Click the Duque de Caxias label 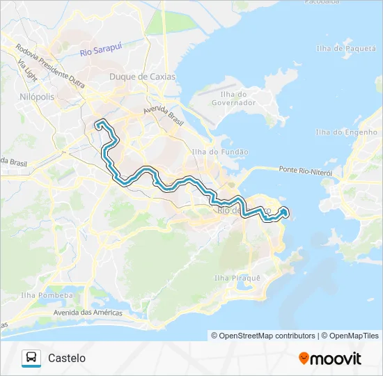(x=143, y=77)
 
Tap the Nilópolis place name (x=37, y=97)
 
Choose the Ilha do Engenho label (x=346, y=132)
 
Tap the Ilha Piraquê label (x=237, y=278)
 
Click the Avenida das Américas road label (x=88, y=312)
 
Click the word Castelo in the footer (x=67, y=358)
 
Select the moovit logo (x=330, y=359)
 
